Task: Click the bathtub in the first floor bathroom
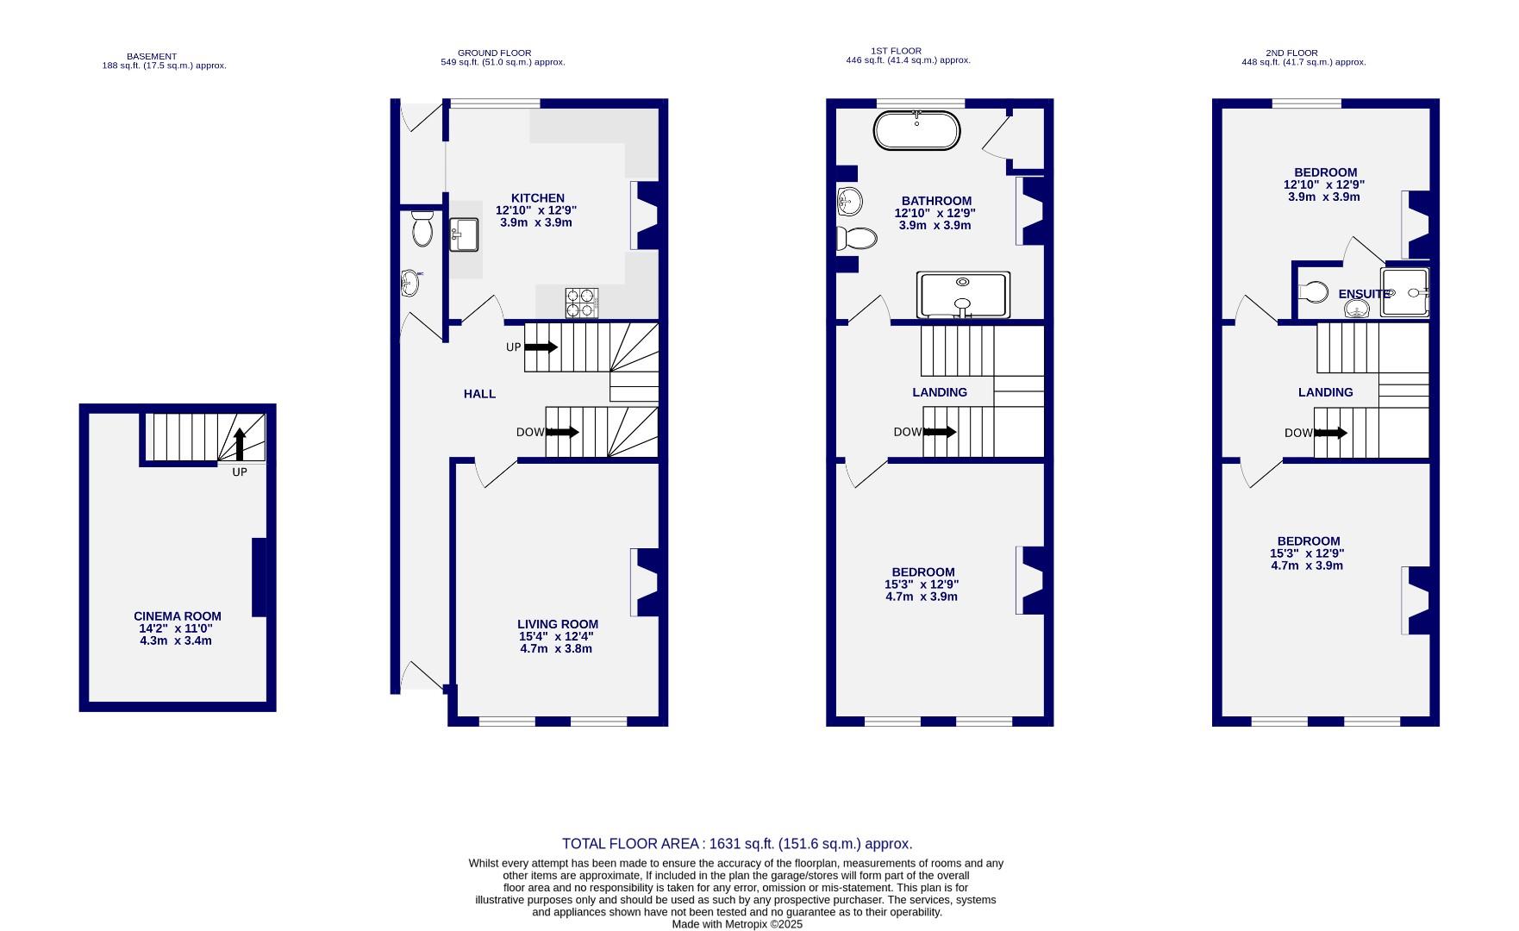916,131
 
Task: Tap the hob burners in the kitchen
581,303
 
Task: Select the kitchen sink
463,234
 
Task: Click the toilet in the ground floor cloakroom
422,228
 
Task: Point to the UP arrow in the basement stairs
240,444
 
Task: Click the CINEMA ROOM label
178,616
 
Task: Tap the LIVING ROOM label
557,624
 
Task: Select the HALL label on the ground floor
479,394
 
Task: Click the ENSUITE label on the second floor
1364,294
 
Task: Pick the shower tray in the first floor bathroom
963,295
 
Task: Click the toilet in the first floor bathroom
856,238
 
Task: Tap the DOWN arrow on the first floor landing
939,432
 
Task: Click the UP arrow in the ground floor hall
541,347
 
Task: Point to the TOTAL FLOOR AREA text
737,844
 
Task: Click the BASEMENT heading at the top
152,57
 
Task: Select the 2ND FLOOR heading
1291,53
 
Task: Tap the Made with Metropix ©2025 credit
737,924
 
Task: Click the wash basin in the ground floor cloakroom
410,281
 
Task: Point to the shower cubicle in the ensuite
1404,293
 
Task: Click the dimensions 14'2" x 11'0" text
176,628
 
